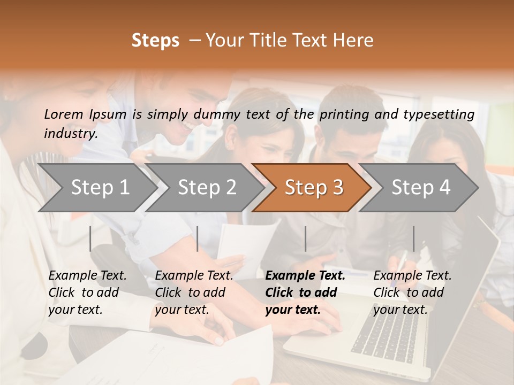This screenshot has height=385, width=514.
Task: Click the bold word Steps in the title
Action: [x=155, y=41]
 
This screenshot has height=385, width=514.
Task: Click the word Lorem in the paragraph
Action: [x=63, y=114]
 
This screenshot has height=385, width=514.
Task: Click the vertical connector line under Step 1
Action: [x=90, y=238]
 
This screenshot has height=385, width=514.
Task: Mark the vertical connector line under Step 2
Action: [x=198, y=238]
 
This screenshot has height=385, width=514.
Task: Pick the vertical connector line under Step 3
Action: [x=306, y=238]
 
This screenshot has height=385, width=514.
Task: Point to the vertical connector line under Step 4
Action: [x=413, y=238]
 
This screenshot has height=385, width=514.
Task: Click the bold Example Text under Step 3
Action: [x=305, y=276]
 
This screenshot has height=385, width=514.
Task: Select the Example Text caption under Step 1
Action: [x=87, y=276]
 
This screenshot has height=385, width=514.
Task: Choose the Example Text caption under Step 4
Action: [x=412, y=276]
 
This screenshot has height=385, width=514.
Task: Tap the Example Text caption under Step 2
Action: [x=194, y=276]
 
